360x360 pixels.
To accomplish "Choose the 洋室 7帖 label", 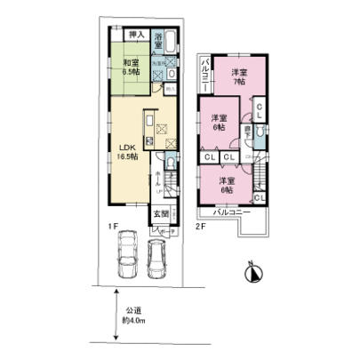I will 237,76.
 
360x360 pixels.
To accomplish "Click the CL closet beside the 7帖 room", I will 259,109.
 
